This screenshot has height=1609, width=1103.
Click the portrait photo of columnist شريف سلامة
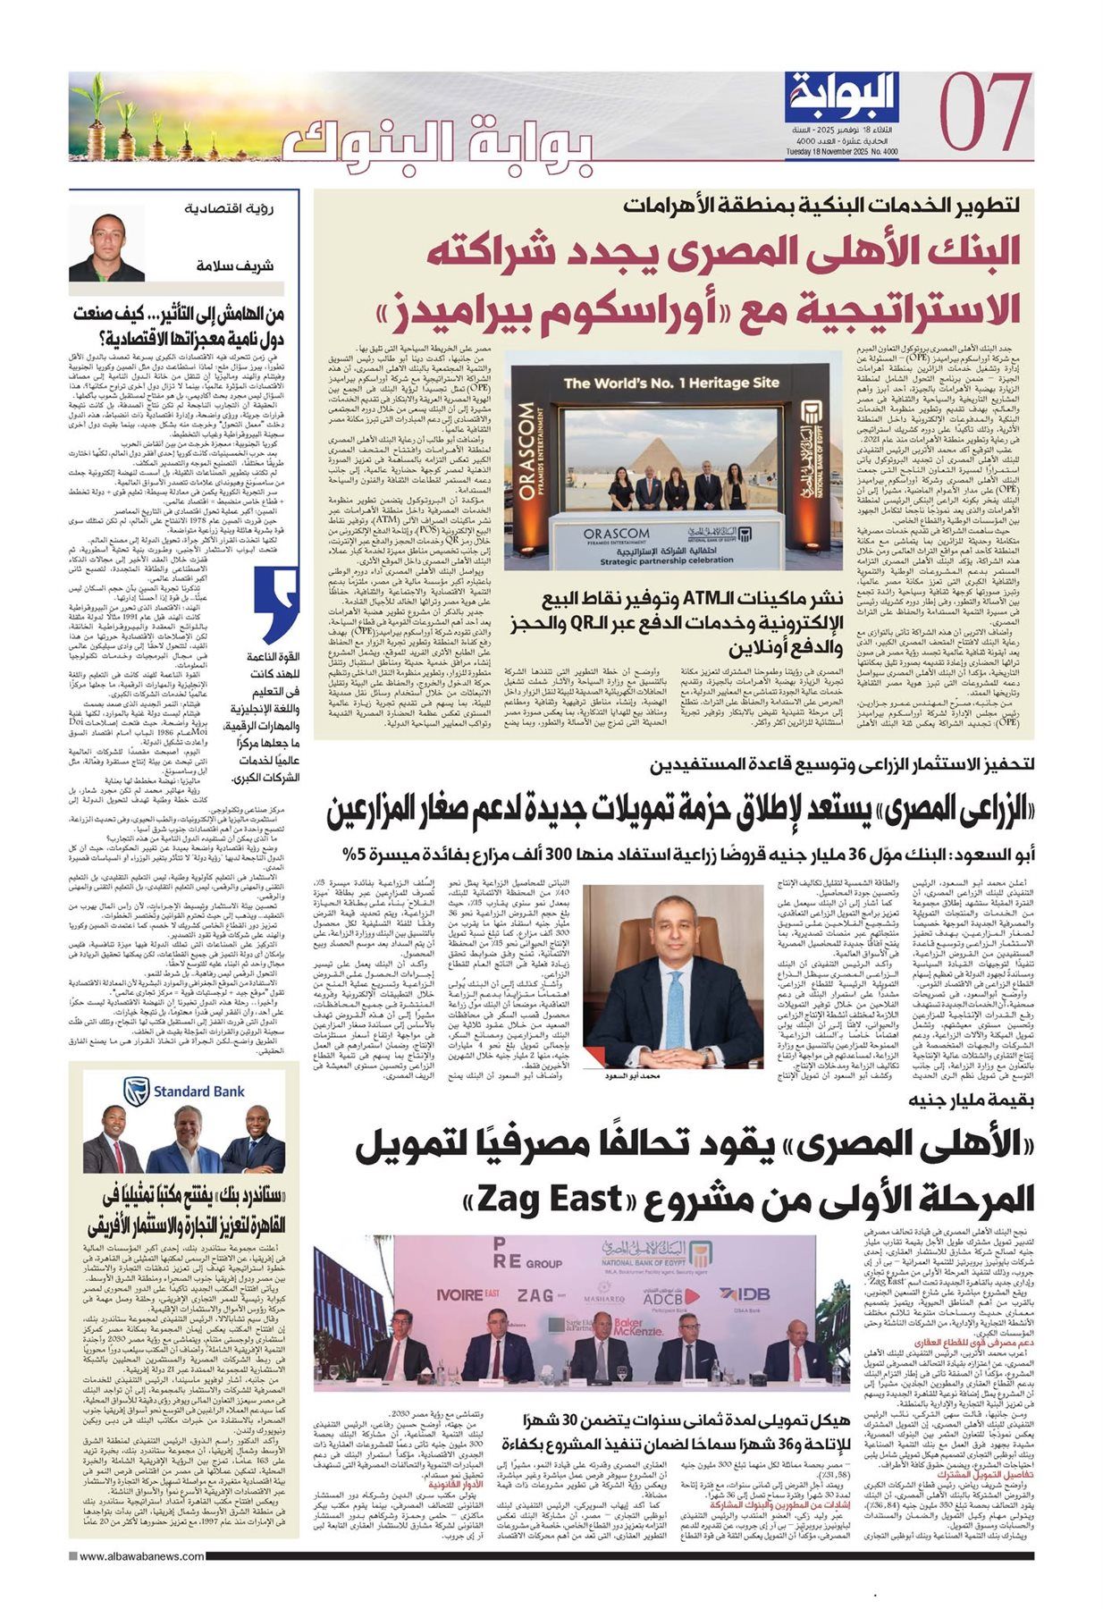point(106,240)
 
